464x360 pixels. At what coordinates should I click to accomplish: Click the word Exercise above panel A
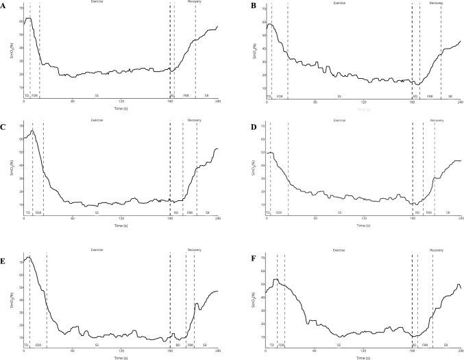[x=97, y=3]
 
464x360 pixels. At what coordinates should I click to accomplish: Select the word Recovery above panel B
[x=436, y=3]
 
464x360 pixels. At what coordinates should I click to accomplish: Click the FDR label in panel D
[x=279, y=213]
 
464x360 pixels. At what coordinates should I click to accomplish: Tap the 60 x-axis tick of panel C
[x=72, y=218]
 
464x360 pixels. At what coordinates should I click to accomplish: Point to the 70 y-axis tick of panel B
[x=260, y=8]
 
